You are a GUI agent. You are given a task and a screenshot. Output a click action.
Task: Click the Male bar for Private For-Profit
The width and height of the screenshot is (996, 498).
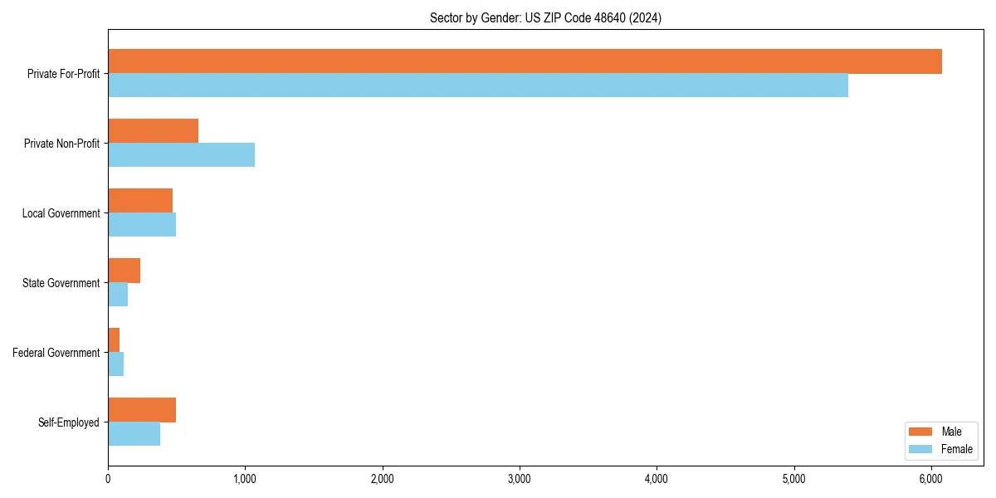tap(525, 61)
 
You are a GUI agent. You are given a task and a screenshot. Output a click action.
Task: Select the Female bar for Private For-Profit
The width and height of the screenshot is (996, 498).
tap(478, 85)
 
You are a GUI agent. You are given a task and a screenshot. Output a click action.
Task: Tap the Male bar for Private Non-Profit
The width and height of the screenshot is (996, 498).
tap(154, 131)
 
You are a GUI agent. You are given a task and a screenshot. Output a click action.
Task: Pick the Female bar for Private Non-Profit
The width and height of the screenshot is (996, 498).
tap(181, 155)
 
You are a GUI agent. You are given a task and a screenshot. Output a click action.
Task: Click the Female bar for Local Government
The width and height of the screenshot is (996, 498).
tap(142, 225)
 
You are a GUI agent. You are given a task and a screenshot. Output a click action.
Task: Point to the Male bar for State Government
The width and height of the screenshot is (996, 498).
tap(124, 271)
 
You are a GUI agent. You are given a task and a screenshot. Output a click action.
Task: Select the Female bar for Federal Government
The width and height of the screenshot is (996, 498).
tap(116, 364)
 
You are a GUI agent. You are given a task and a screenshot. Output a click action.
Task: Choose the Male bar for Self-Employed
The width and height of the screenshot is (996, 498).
tap(142, 410)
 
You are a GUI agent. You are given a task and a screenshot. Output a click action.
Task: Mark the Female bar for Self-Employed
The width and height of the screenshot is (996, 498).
tap(134, 434)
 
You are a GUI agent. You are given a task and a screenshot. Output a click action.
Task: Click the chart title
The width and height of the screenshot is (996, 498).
tap(545, 17)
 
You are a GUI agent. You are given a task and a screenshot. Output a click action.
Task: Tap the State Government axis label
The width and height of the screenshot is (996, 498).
tap(61, 283)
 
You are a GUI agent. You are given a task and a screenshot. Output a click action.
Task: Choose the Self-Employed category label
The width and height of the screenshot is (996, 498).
tap(69, 422)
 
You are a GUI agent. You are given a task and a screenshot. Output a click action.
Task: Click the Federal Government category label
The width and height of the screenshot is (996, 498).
tap(56, 353)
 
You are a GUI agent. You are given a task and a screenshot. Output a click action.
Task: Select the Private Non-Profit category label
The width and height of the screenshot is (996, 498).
tap(61, 144)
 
